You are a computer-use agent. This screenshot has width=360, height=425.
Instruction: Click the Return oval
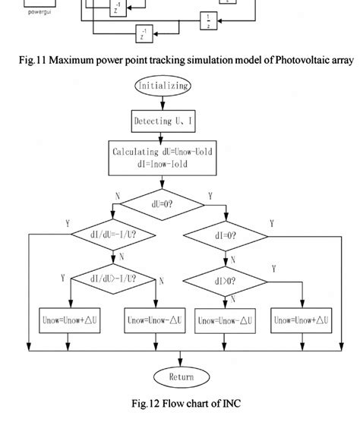tap(181, 377)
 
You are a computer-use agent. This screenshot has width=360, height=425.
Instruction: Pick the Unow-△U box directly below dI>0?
tap(223, 321)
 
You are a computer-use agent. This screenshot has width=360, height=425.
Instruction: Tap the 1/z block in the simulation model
tap(208, 19)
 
